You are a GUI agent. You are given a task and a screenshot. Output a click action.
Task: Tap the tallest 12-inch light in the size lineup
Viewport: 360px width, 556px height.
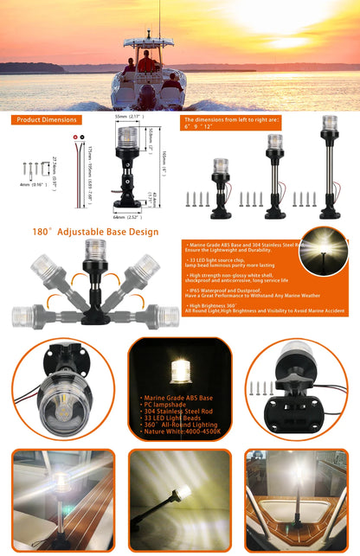coord(330,164)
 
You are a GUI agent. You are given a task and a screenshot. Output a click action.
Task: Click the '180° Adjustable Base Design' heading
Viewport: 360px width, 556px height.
coord(95,232)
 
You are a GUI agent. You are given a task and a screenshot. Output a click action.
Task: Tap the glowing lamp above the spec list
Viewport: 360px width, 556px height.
coord(181,369)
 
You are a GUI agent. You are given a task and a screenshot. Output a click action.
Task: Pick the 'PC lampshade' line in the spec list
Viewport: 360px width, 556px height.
coord(164,406)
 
